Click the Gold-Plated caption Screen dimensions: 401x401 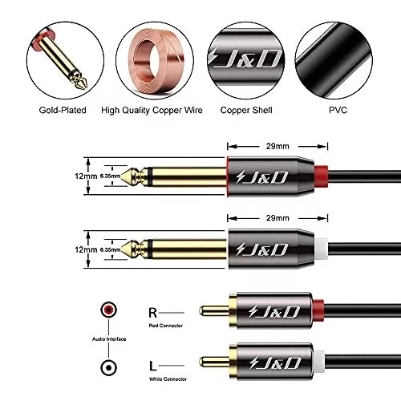point(63,110)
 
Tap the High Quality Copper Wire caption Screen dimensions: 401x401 point(152,110)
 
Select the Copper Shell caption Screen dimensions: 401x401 point(246,110)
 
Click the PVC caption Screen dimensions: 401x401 point(338,110)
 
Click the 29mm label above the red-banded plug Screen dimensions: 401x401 point(277,146)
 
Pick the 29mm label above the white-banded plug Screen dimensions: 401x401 point(277,218)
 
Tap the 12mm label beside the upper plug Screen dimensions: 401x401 point(86,176)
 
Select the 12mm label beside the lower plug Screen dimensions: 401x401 point(86,249)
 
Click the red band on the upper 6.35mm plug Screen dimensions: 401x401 point(321,176)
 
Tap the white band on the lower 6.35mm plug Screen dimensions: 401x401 point(321,249)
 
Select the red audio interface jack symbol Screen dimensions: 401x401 point(108,310)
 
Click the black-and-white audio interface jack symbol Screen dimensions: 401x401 point(108,368)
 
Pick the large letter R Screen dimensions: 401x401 point(152,313)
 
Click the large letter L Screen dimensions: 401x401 point(152,366)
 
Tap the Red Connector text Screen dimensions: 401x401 point(166,326)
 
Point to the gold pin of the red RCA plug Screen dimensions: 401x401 point(214,310)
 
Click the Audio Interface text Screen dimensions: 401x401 point(109,339)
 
